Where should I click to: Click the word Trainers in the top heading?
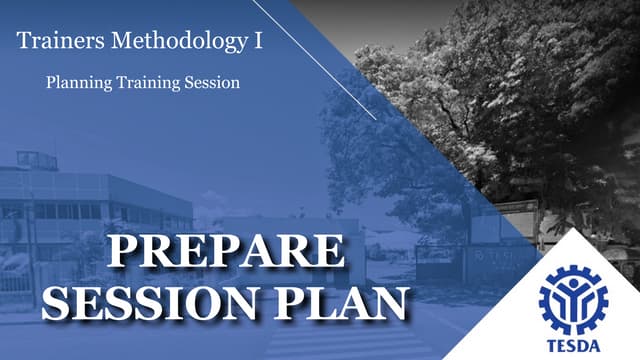coord(52,42)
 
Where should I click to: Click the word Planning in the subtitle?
coord(75,83)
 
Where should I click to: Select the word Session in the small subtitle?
coord(208,83)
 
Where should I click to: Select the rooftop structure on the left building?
coord(37,160)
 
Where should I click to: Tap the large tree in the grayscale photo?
coord(500,90)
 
